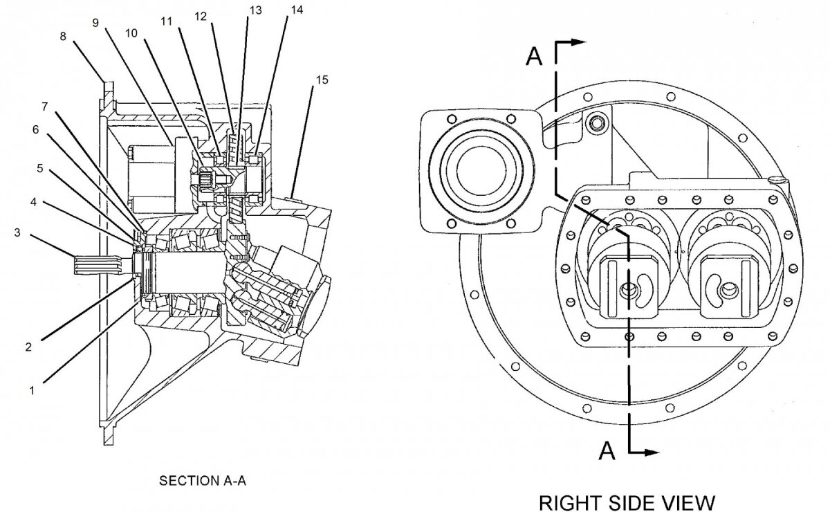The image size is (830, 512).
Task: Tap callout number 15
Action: [x=322, y=80]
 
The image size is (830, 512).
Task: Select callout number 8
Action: [x=64, y=37]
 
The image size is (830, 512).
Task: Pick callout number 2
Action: [x=28, y=347]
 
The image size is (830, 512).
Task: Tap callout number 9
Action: [x=95, y=21]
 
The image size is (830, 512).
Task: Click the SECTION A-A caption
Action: [x=202, y=480]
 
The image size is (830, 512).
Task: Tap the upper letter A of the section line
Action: [x=535, y=57]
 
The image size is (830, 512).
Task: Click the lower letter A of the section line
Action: [x=607, y=451]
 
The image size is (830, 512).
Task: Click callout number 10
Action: [x=132, y=33]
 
